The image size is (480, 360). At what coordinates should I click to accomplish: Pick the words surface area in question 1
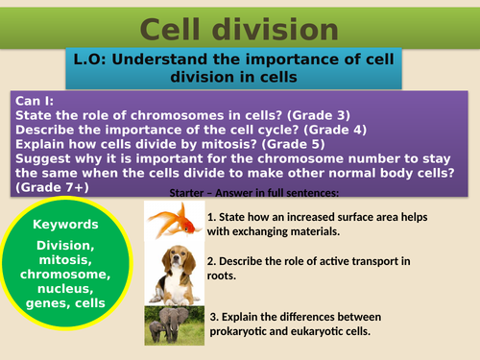click(351, 216)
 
